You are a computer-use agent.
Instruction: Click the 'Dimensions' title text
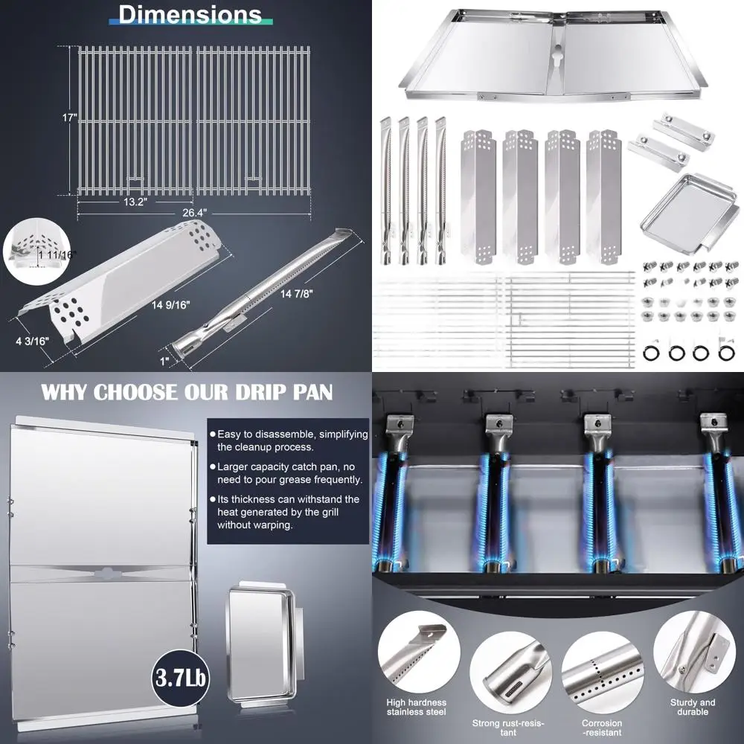(x=190, y=15)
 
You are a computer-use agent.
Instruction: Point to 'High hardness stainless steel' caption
(x=416, y=708)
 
